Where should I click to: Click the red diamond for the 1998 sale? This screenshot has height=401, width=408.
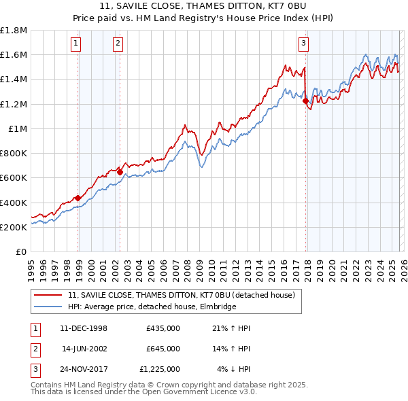tap(78, 198)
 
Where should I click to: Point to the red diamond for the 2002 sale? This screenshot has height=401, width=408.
tap(120, 172)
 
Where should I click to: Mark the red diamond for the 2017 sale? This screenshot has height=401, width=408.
tap(305, 101)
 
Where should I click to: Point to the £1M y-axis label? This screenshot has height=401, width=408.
tap(18, 128)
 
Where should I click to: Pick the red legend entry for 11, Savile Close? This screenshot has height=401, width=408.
tap(181, 296)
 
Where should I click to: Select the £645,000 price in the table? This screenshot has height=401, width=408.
tap(163, 349)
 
